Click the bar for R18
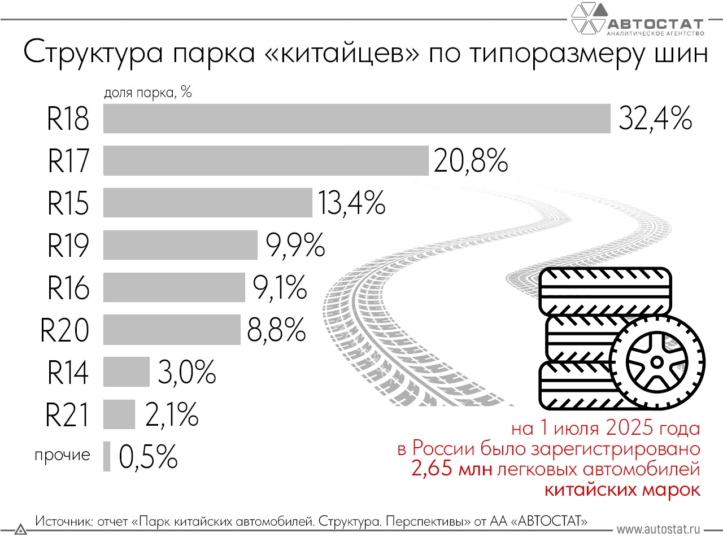(x=356, y=119)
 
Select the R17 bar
(x=265, y=160)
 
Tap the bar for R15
(x=207, y=203)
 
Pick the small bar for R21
(x=119, y=414)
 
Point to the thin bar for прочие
(x=107, y=456)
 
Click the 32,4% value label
(x=655, y=119)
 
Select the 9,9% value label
(x=295, y=245)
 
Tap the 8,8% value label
(x=276, y=330)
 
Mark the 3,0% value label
(x=186, y=372)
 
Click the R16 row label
(x=68, y=287)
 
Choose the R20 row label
(x=65, y=330)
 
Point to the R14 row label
(x=68, y=372)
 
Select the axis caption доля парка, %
(x=148, y=92)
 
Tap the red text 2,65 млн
(x=451, y=469)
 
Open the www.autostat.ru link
(x=658, y=529)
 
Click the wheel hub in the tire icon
(x=657, y=362)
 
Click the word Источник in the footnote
(x=63, y=521)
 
